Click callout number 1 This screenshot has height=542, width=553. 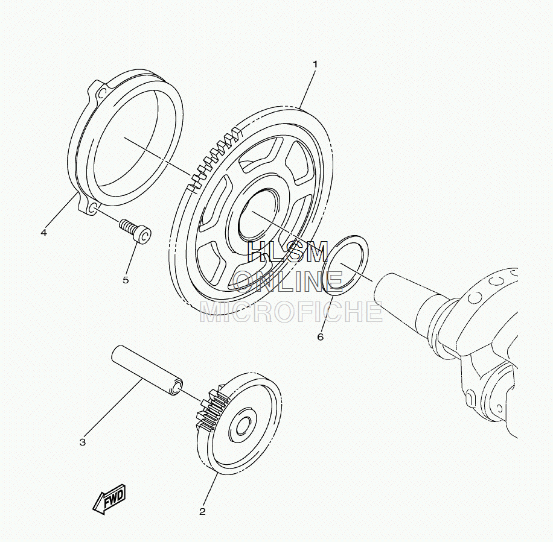point(315,65)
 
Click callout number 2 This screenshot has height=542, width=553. point(202,511)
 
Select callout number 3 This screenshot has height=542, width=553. point(83,442)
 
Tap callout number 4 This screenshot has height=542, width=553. point(43,233)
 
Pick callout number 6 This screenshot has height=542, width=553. point(320,337)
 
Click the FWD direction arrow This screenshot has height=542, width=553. point(109,499)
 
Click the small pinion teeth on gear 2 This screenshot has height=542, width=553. point(211,409)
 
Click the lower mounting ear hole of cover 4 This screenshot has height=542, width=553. point(93,209)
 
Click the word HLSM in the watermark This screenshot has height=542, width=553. point(288,252)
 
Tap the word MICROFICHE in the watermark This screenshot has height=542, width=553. point(292,312)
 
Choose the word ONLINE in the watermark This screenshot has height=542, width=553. point(289,282)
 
